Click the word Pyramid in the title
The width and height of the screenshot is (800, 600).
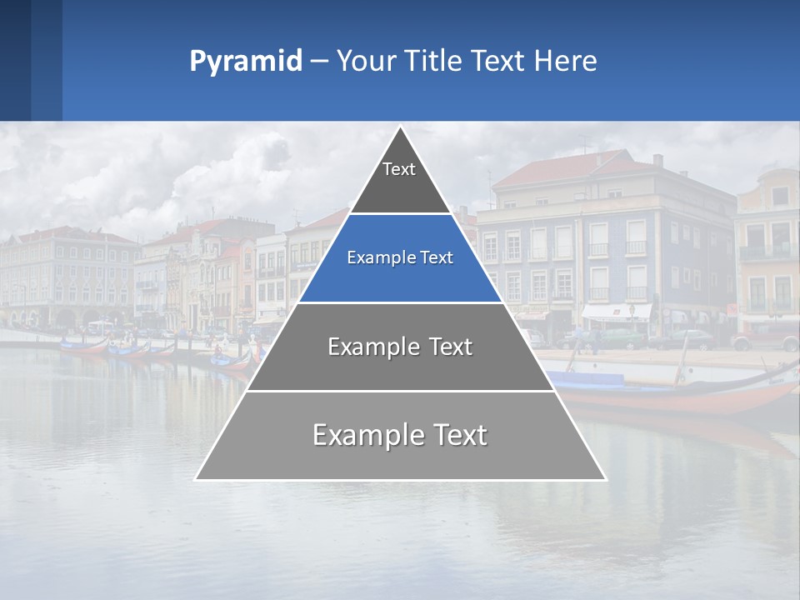[x=245, y=62]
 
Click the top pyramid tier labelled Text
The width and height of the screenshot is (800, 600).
[x=399, y=179]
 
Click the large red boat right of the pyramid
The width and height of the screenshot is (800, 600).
[x=692, y=396]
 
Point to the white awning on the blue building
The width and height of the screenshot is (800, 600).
[x=617, y=312]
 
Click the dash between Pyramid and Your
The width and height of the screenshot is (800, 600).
[x=319, y=62]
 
